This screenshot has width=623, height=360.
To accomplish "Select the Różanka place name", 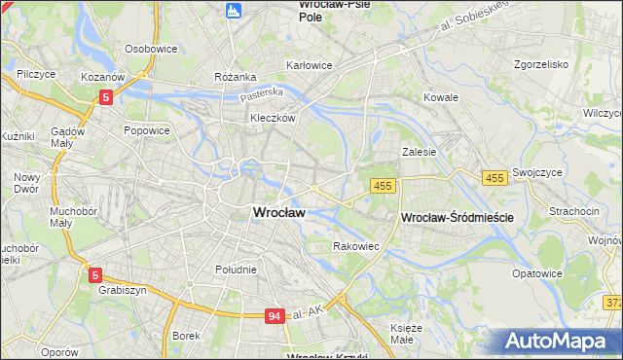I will tap(236, 76).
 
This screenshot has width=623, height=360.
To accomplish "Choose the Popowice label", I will tap(147, 129).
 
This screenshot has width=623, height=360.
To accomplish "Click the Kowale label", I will tap(441, 98).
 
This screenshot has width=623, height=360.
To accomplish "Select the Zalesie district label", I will tap(419, 152).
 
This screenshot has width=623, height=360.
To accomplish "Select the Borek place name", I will tap(185, 336).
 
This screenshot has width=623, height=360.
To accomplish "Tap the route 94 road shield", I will tap(275, 316).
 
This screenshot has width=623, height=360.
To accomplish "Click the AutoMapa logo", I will tap(559, 342).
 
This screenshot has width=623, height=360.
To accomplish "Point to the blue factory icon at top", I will tap(232, 11).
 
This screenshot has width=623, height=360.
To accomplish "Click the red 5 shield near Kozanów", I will tap(106, 96).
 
